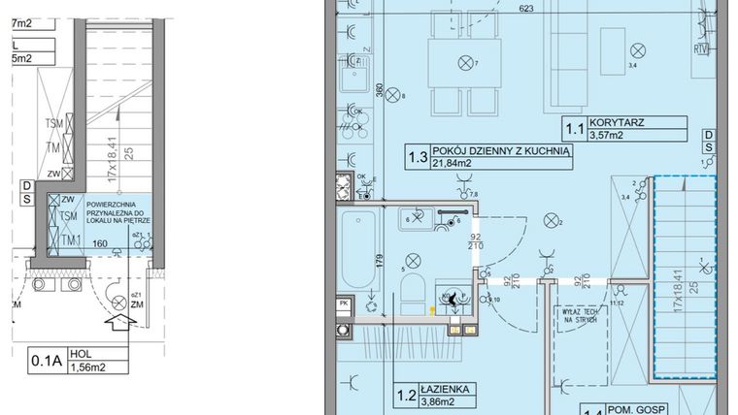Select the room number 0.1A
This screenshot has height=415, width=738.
pos(46,362)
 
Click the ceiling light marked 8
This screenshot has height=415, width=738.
pos(393,95)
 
